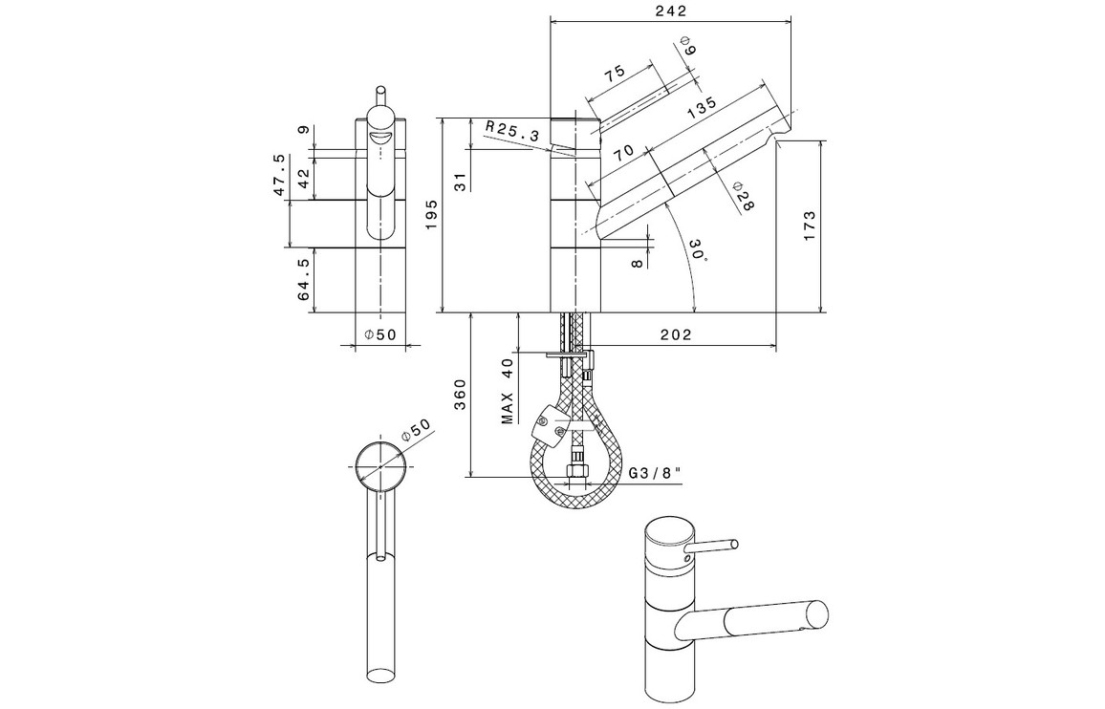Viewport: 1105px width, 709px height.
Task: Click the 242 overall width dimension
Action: click(x=672, y=11)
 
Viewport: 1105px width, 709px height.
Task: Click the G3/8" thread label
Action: click(x=655, y=473)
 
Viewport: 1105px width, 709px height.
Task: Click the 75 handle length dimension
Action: click(x=614, y=74)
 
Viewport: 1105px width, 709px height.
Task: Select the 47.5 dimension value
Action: click(x=278, y=175)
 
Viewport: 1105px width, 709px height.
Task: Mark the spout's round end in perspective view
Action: click(x=818, y=615)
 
